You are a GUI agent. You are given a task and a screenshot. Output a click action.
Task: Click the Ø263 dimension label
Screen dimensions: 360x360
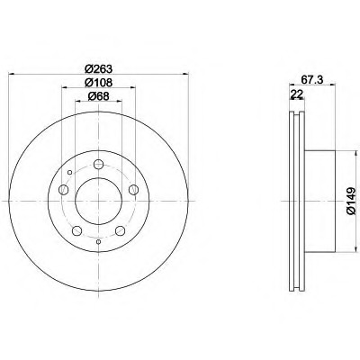pyautogui.click(x=98, y=69)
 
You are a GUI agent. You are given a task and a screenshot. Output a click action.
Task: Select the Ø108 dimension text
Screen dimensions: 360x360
pyautogui.click(x=98, y=83)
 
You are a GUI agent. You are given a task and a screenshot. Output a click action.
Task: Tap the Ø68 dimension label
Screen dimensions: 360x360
pyautogui.click(x=98, y=96)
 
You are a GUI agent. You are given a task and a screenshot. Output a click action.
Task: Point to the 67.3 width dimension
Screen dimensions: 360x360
pyautogui.click(x=311, y=80)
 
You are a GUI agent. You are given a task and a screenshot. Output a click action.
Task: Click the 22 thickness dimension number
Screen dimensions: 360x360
pyautogui.click(x=296, y=94)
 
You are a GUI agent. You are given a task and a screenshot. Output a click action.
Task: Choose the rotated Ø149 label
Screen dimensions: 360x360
pyautogui.click(x=350, y=201)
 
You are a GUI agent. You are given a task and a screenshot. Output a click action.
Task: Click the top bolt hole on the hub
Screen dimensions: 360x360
pyautogui.click(x=98, y=164)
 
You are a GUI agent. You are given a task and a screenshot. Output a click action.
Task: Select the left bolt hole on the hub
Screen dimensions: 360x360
pyautogui.click(x=63, y=190)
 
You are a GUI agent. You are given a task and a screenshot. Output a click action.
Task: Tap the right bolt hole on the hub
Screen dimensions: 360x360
pyautogui.click(x=133, y=190)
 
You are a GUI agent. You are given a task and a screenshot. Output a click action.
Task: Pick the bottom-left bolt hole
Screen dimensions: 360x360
pyautogui.click(x=76, y=230)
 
